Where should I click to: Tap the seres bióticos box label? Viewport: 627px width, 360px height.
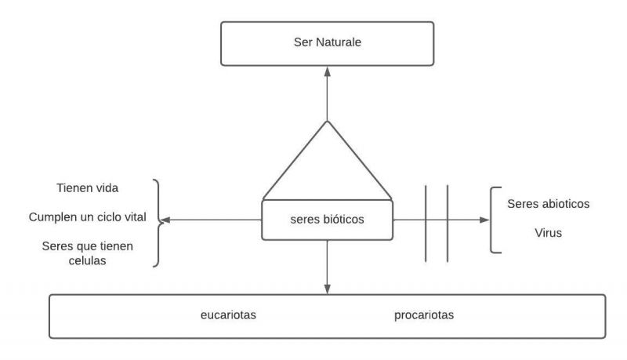pos(326,220)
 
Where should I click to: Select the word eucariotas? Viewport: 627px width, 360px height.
pos(228,315)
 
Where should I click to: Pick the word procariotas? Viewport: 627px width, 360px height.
pos(424,315)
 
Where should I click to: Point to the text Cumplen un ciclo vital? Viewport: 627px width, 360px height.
pos(88,216)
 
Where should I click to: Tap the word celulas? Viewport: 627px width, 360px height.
pos(87,261)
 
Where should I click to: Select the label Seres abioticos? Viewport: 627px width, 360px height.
pos(548,204)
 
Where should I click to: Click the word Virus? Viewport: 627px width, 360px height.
pos(548,233)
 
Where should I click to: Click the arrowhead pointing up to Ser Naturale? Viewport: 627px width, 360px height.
pos(327,70)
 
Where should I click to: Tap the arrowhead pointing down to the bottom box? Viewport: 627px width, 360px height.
pos(327,289)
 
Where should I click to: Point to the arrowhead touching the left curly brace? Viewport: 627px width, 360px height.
pos(165,220)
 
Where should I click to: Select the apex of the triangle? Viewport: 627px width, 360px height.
pos(327,121)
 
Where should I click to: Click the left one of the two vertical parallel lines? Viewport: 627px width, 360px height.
pos(426,224)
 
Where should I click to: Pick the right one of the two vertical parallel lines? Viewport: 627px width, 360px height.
pos(448,224)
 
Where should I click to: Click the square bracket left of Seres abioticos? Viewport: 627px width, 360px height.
pos(493,220)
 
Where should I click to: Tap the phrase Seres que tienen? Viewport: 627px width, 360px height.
pos(87,246)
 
